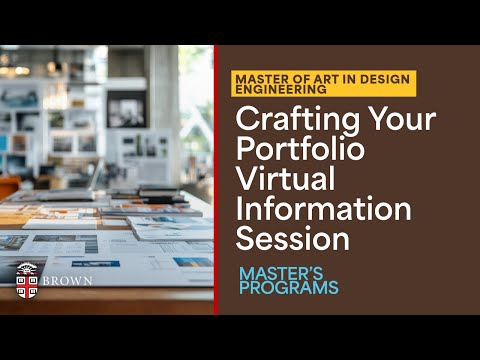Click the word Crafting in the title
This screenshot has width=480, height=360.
[x=285, y=120]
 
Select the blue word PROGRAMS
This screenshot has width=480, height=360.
[x=289, y=288]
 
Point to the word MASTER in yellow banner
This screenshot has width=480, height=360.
[x=263, y=78]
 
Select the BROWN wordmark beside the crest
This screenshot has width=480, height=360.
[x=69, y=280]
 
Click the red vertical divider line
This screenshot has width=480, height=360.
[x=215, y=180]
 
